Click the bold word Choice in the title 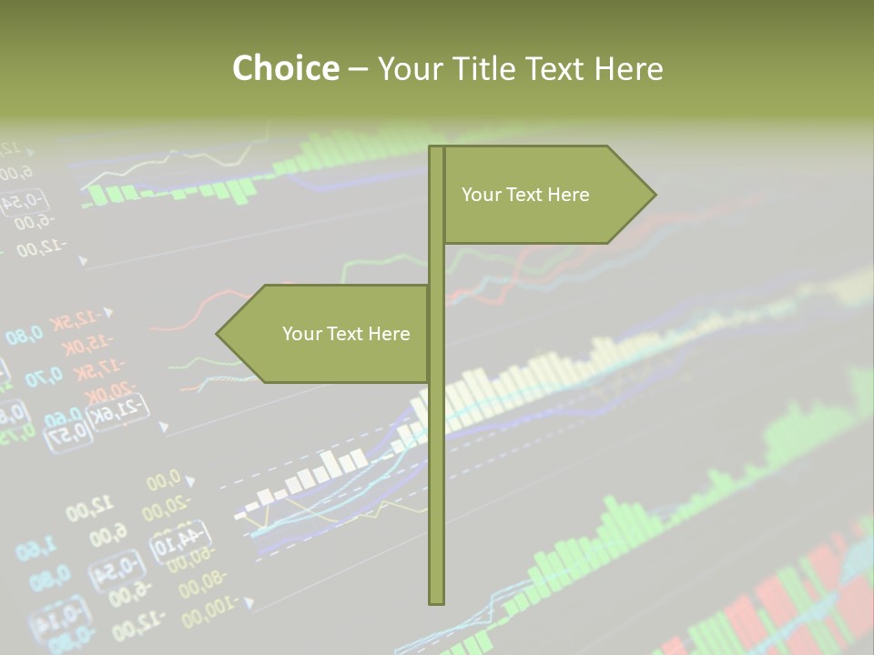285,68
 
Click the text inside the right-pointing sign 525,195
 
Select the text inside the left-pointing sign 346,334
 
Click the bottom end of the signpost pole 436,600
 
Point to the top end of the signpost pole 436,148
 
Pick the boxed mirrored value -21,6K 120,412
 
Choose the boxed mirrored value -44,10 182,539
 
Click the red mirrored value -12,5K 76,319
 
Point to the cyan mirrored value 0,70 44,376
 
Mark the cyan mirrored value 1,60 36,548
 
